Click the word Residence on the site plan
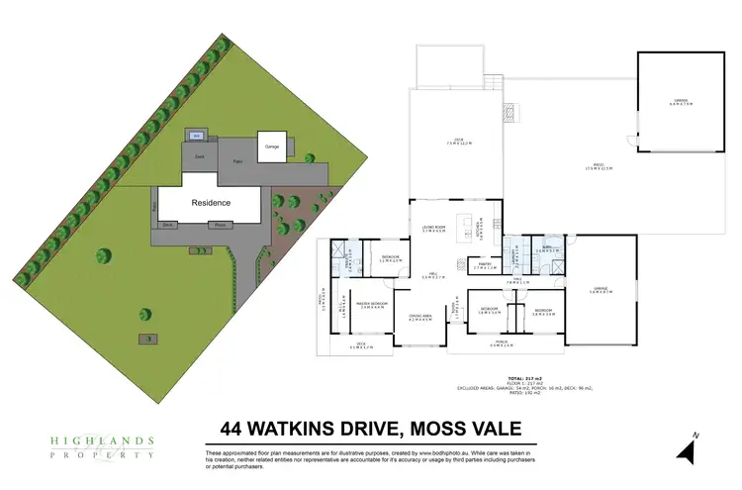[x=211, y=202]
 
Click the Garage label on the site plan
[x=271, y=147]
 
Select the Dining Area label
[x=421, y=318]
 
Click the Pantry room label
[x=485, y=265]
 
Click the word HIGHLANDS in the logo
[x=102, y=440]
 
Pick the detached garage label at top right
[x=680, y=101]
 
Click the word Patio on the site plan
[x=236, y=161]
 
